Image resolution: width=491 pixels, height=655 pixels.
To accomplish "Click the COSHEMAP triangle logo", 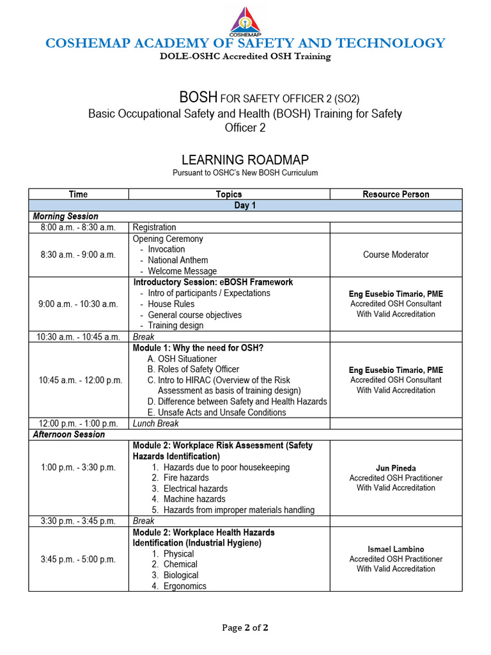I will point(245,20).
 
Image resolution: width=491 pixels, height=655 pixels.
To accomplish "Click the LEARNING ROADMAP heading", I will point(245,160).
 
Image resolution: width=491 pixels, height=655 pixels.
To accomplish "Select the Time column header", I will point(78,194).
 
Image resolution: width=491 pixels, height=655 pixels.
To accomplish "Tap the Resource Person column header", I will point(396,194).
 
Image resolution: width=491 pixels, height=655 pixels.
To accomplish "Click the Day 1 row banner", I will point(245,205).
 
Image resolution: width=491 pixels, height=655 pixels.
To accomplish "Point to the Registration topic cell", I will point(154,227).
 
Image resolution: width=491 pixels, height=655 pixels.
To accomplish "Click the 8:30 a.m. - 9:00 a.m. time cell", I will point(78,255).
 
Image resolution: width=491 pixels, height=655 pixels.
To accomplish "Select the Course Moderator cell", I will point(396,255).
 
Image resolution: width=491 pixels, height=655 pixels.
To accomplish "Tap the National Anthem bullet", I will point(178,260).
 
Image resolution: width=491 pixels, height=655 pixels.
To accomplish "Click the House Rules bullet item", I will point(171,304).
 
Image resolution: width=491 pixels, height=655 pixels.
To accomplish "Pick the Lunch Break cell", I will point(155,423).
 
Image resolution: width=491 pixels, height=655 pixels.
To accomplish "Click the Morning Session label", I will point(66,216).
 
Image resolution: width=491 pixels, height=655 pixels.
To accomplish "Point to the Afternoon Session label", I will point(69,434).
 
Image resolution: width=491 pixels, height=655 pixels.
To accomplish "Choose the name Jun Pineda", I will point(396,468).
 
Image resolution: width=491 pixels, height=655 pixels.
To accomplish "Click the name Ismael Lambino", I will point(396,549).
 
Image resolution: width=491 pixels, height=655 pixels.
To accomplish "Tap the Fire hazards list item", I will point(186,478).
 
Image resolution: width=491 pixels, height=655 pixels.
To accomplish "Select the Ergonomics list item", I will point(185,586).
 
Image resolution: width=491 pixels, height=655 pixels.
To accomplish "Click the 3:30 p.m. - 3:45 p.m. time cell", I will point(78,521).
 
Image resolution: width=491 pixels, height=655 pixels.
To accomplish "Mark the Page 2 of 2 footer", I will point(245,627).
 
